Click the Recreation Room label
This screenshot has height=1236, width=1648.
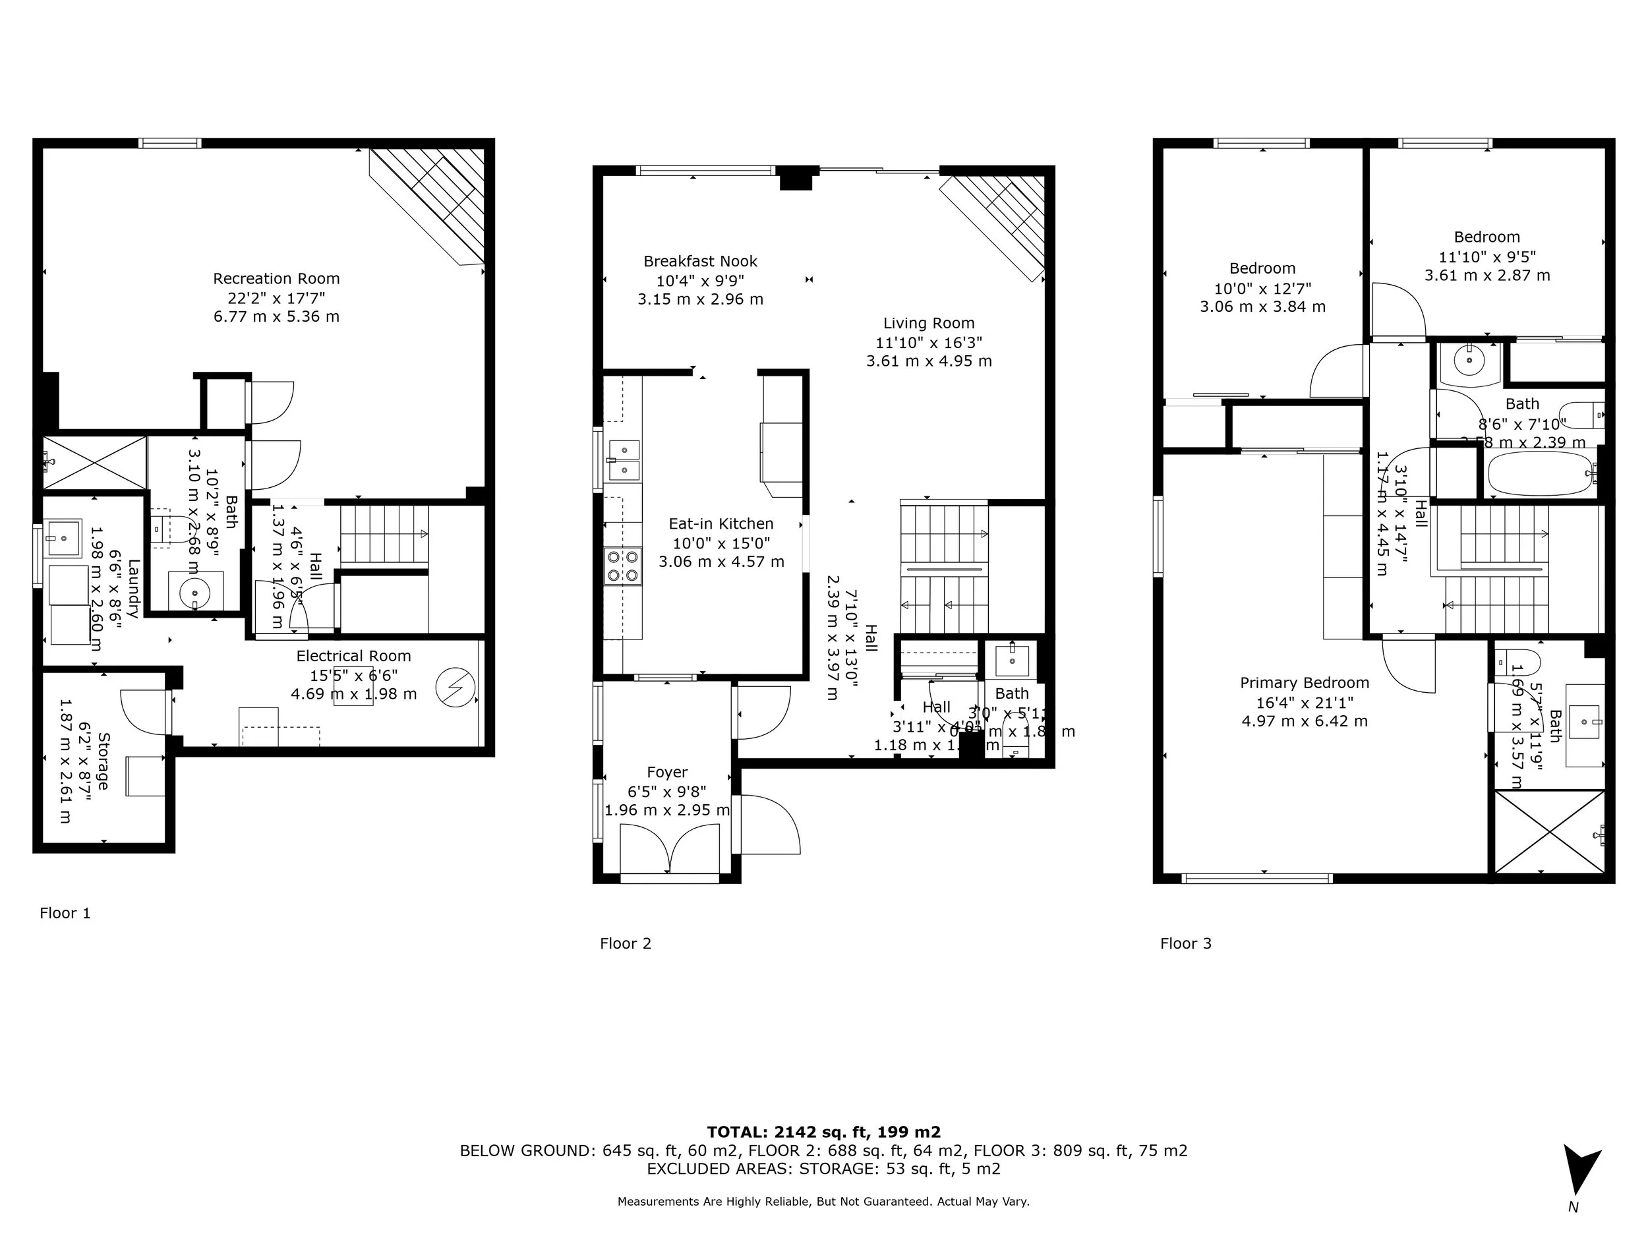pos(276,279)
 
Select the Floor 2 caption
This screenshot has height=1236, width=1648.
pos(625,943)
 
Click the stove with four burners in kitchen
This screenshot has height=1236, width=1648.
pos(622,566)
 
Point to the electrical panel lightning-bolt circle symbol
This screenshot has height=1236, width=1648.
pos(454,687)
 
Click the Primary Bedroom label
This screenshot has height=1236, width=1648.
pos(1304,682)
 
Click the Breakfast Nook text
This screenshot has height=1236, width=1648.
pos(699,262)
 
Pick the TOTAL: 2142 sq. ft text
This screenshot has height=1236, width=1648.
pos(823,1132)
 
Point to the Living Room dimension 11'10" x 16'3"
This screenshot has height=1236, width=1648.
pos(928,343)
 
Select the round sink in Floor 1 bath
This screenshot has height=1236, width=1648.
pos(195,593)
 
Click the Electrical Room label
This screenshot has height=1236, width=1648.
pos(353,656)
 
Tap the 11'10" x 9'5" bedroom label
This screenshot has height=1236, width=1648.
pos(1487,256)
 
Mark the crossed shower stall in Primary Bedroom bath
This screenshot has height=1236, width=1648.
pos(1549,831)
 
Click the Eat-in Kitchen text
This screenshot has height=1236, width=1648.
pos(721,524)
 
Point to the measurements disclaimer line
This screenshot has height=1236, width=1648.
pos(823,1201)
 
